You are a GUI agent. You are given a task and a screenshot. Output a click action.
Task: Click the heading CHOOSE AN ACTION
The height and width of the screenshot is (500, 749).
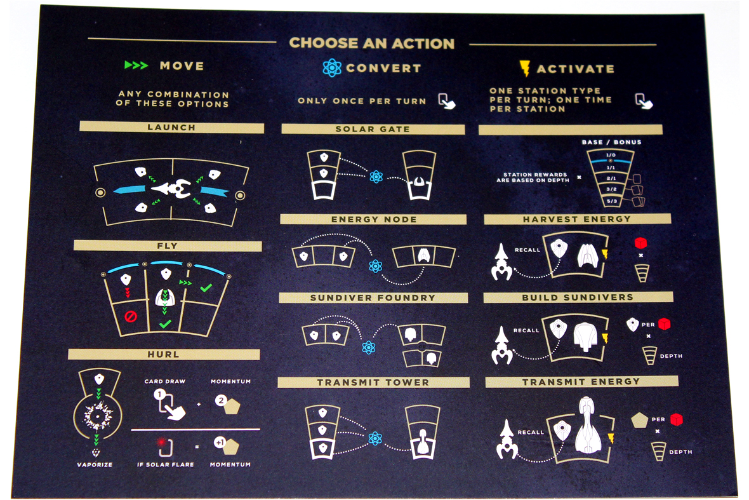point(371,43)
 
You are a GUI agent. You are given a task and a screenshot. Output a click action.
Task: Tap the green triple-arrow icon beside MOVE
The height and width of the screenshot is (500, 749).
point(136,65)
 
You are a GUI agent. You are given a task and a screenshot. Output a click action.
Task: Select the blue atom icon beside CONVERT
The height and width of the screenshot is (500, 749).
point(331,68)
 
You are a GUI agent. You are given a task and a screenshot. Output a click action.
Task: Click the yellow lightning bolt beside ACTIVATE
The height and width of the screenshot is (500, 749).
point(524,69)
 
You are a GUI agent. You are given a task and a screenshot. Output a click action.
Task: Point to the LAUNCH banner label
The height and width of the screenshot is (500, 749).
point(171,128)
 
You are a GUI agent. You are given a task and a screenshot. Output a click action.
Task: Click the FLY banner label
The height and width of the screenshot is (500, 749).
point(167,246)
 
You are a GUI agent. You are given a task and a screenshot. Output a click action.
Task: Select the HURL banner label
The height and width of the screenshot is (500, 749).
point(163,355)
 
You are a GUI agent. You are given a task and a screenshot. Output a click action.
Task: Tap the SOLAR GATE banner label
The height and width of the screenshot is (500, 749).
point(373,129)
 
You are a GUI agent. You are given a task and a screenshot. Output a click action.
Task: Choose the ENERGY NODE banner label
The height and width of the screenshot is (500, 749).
point(374,219)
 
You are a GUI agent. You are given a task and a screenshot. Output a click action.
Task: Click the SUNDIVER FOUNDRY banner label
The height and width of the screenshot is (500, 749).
point(373,298)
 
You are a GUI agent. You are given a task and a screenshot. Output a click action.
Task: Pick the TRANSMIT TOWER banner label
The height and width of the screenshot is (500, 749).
point(373,382)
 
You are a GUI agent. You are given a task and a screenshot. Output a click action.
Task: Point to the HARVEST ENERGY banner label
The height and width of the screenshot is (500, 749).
point(576,219)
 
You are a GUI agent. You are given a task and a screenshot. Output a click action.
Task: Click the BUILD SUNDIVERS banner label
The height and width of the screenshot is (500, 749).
point(578,297)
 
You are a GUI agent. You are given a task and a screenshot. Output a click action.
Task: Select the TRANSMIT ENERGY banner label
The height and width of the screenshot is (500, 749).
point(581,382)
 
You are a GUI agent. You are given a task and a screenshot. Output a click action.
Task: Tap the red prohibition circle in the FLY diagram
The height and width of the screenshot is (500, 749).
point(130,316)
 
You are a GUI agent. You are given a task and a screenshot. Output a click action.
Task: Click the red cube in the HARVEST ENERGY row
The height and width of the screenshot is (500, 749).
point(640,243)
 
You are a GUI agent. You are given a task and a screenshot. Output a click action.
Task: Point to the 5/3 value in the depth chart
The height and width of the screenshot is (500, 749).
point(612,201)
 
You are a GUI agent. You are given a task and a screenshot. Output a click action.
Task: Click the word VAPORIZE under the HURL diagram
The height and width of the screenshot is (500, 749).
point(95,464)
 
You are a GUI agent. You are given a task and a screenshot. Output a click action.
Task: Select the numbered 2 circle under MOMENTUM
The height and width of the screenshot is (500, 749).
point(221,401)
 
